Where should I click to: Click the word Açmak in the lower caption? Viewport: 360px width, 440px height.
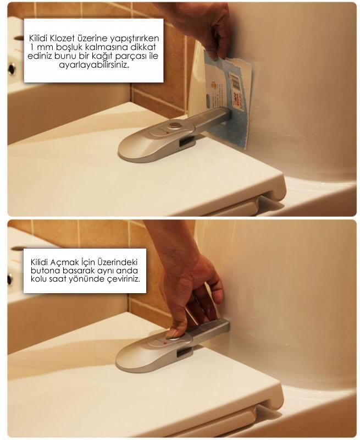[62, 263]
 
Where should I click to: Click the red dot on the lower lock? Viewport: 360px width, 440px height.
[165, 343]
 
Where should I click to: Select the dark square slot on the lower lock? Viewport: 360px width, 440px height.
[185, 352]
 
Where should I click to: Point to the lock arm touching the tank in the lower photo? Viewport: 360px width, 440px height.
[210, 329]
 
